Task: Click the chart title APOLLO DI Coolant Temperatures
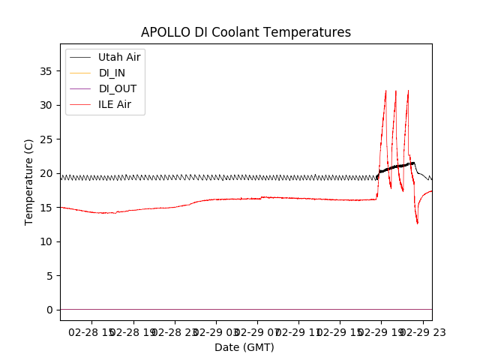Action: tap(245, 32)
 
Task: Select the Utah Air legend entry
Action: tap(119, 57)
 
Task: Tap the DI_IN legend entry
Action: tap(113, 73)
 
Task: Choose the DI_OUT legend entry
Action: tap(118, 88)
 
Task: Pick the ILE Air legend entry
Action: tap(115, 104)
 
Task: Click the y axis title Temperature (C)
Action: tap(28, 181)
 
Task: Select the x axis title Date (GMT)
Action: tap(244, 347)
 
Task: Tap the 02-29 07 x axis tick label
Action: tap(257, 332)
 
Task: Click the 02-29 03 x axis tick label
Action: tap(216, 332)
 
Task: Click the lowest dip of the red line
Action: tap(418, 223)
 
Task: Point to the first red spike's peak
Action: tap(385, 91)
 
